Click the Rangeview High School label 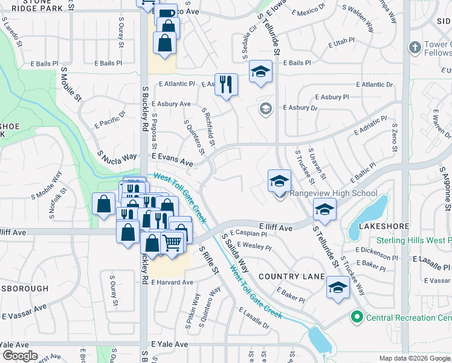pos(334,194)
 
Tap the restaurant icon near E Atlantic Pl pos(226,84)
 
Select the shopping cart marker pos(172,243)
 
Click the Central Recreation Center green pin pos(357,317)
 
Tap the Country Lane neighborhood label pos(288,276)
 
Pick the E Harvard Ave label pos(172,283)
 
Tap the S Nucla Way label pos(118,158)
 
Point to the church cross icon pos(415,47)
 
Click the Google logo pos(19,356)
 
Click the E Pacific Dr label pos(109,119)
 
